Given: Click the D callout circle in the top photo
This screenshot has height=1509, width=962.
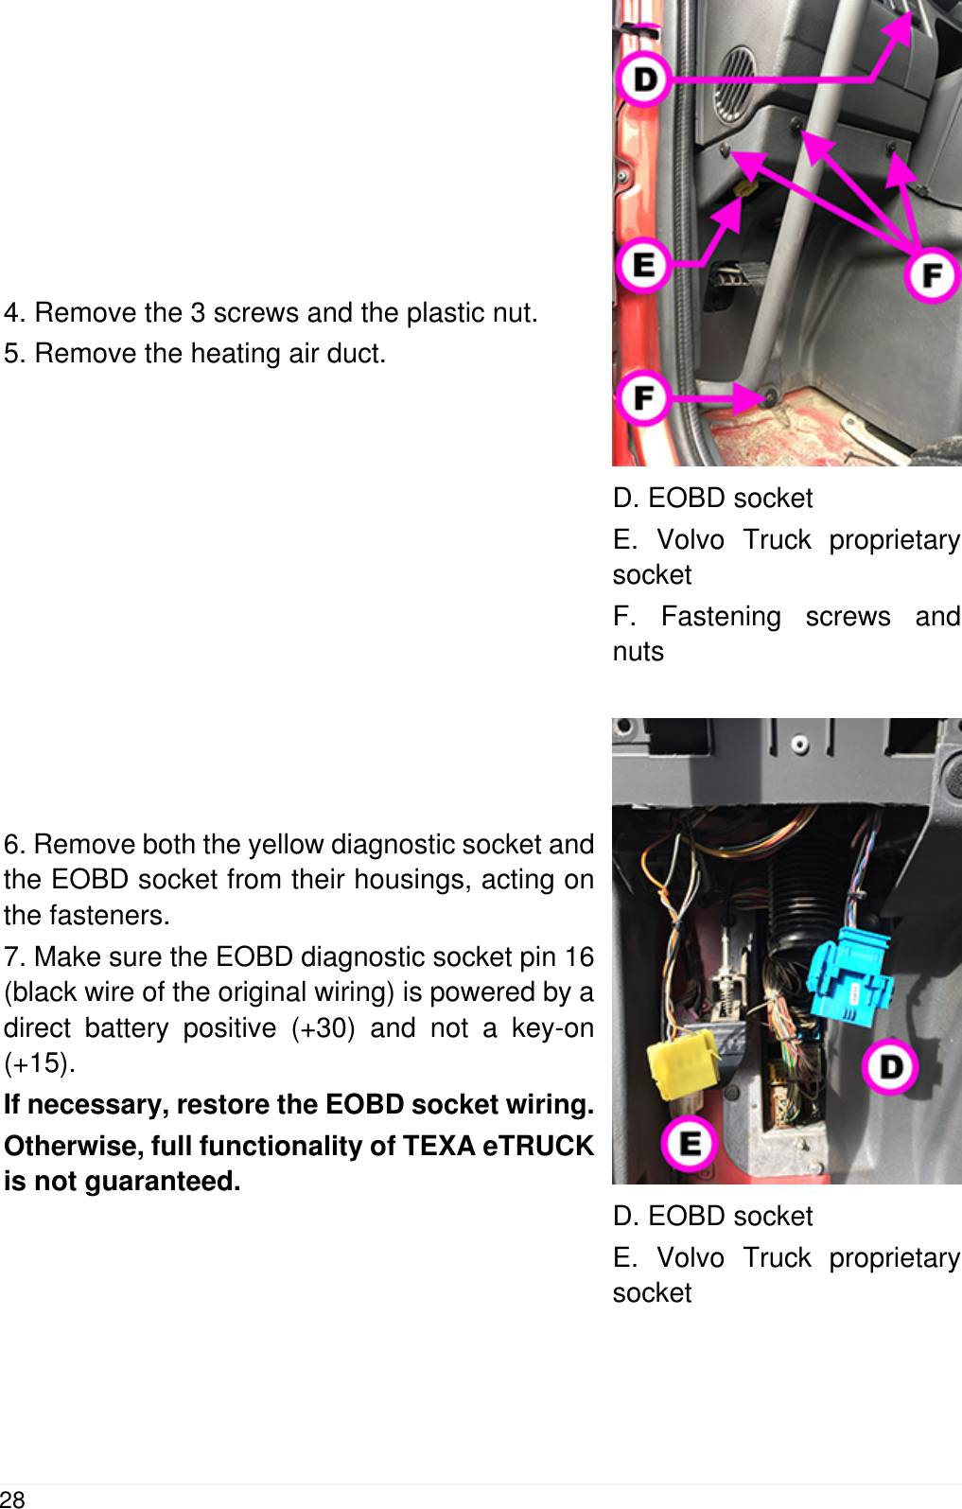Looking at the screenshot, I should pyautogui.click(x=644, y=79).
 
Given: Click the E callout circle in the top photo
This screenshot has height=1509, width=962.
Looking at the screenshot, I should pyautogui.click(x=644, y=265).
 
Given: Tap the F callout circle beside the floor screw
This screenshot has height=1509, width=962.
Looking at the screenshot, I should pyautogui.click(x=643, y=397).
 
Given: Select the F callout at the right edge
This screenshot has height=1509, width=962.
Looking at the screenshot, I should pyautogui.click(x=932, y=275).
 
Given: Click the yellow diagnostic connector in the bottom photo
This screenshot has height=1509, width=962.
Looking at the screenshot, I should pyautogui.click(x=681, y=1063).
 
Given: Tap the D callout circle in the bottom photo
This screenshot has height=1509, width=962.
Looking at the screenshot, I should pyautogui.click(x=890, y=1066).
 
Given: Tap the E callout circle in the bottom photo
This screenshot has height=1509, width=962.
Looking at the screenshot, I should pyautogui.click(x=690, y=1143).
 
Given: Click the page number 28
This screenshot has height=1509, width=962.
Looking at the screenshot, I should pyautogui.click(x=12, y=1499).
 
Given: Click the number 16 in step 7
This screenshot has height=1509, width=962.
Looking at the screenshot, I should pyautogui.click(x=579, y=956).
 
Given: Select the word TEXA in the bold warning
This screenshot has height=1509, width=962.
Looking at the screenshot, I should pyautogui.click(x=439, y=1146).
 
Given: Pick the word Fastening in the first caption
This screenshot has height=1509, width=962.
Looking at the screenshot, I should pyautogui.click(x=721, y=617).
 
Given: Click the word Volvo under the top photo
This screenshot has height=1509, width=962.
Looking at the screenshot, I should pyautogui.click(x=691, y=540).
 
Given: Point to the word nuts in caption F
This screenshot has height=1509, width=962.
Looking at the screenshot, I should pyautogui.click(x=638, y=652).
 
